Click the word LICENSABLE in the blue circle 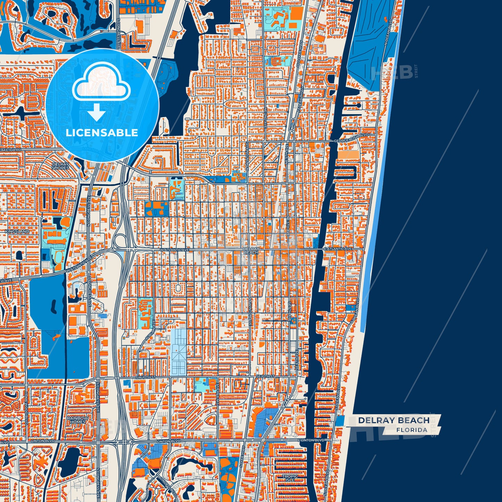102,133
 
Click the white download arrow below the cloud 97,113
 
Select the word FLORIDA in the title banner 412,430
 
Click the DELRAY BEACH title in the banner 394,420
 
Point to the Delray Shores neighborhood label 60,166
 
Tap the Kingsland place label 17,231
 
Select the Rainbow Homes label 78,420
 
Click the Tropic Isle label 289,478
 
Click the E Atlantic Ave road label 338,249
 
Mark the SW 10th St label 146,377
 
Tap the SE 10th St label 265,377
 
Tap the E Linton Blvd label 311,440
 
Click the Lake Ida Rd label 10,150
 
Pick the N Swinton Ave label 247,153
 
